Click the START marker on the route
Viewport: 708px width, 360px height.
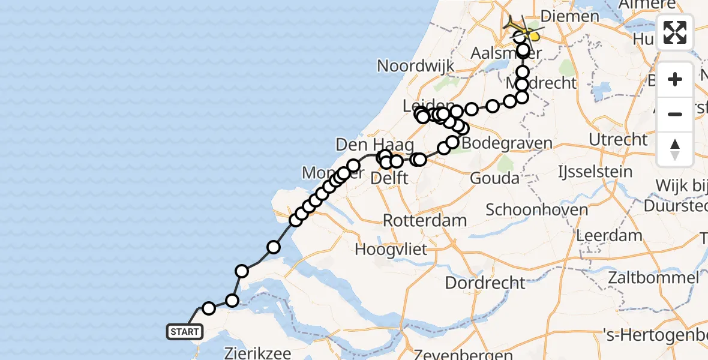click(185, 332)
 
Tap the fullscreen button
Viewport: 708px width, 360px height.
click(675, 32)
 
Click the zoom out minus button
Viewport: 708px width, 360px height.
click(675, 114)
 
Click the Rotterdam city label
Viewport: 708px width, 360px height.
click(425, 220)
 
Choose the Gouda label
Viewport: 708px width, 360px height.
click(494, 178)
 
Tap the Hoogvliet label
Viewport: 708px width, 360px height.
click(391, 248)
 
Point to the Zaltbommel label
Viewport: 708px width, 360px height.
click(652, 278)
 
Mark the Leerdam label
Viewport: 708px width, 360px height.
click(609, 235)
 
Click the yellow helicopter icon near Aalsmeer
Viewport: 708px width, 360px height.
click(532, 36)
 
